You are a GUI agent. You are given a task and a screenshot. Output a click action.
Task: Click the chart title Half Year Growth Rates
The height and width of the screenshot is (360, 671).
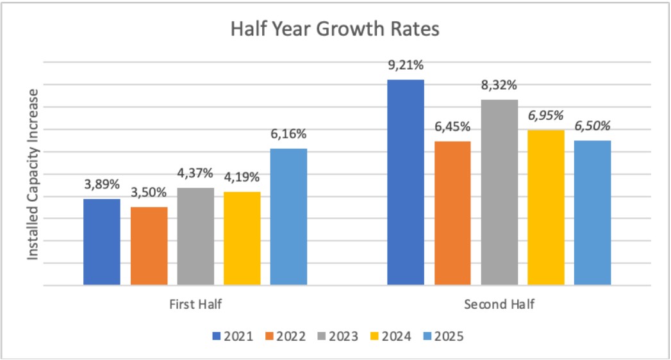coord(335,29)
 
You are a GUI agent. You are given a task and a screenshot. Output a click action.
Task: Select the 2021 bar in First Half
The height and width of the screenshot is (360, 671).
coord(102,241)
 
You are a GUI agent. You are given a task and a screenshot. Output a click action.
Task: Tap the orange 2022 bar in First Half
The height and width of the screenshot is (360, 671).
coord(149,246)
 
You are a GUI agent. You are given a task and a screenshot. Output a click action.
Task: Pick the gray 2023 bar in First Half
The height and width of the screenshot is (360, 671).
coord(195,236)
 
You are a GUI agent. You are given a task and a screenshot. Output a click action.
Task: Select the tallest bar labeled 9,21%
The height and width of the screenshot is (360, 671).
coord(406,182)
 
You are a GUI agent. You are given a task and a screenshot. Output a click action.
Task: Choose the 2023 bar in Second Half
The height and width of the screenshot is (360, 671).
coord(499,192)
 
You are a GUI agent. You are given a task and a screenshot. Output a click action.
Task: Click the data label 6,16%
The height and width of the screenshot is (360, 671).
coord(288,135)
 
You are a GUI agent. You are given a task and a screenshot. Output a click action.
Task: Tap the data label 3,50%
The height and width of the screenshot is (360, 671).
coord(149,193)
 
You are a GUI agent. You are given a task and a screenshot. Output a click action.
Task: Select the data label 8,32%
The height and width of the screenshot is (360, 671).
coord(499,86)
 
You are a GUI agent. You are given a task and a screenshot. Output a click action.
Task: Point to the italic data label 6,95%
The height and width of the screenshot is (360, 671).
coord(546,116)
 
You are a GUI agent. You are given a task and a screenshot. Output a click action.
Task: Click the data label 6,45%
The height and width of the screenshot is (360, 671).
coord(452,127)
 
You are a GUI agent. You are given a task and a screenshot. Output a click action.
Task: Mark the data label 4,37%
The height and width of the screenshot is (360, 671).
coord(195,174)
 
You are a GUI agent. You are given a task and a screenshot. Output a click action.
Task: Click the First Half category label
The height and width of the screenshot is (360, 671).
coord(195,304)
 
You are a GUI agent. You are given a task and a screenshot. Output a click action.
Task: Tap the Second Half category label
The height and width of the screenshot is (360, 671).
coord(499,304)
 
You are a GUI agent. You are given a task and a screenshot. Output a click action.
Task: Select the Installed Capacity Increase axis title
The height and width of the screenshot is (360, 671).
coord(33,174)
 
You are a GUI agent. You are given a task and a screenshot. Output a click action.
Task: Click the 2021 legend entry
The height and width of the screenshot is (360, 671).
coord(231,336)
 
